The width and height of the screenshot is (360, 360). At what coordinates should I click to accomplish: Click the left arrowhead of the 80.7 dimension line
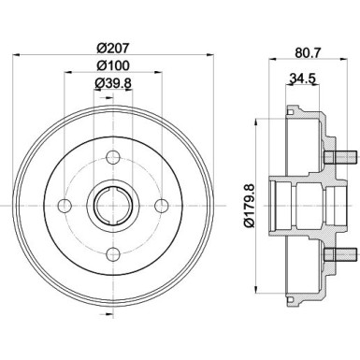point(271,58)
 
